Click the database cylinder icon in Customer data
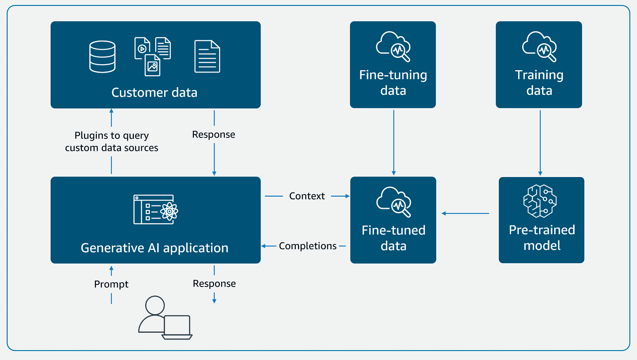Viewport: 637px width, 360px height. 102,56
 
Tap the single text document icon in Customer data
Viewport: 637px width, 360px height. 207,56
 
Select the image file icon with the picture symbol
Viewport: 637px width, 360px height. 152,66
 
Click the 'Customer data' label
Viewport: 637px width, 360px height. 154,92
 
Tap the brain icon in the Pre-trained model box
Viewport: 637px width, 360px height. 540,201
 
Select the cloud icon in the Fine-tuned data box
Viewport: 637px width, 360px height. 394,202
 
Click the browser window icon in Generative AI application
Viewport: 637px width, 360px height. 156,210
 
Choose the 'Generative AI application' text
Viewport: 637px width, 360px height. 154,248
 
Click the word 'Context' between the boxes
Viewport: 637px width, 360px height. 307,196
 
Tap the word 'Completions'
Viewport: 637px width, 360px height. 308,246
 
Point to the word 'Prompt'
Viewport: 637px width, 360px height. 111,284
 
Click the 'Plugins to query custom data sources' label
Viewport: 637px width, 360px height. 111,141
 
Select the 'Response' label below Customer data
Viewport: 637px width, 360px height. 213,135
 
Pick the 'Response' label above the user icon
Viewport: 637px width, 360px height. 214,283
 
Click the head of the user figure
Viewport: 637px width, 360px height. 155,305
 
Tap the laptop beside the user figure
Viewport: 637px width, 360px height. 177,327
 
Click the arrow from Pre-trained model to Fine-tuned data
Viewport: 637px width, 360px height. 465,213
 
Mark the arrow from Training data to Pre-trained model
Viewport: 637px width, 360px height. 540,143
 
